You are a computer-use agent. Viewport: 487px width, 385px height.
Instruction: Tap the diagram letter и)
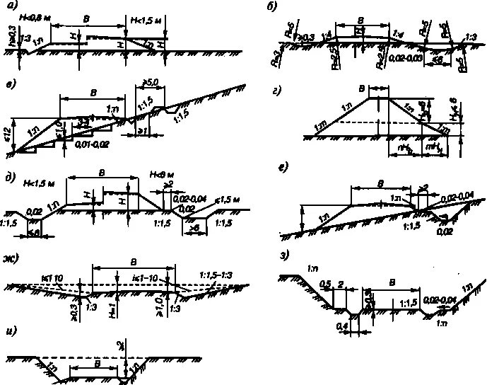[10, 331]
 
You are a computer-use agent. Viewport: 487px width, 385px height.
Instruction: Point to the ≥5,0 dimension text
[151, 81]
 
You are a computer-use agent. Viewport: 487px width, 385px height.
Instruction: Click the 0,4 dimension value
[341, 326]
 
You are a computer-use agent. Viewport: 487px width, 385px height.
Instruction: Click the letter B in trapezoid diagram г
[379, 89]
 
